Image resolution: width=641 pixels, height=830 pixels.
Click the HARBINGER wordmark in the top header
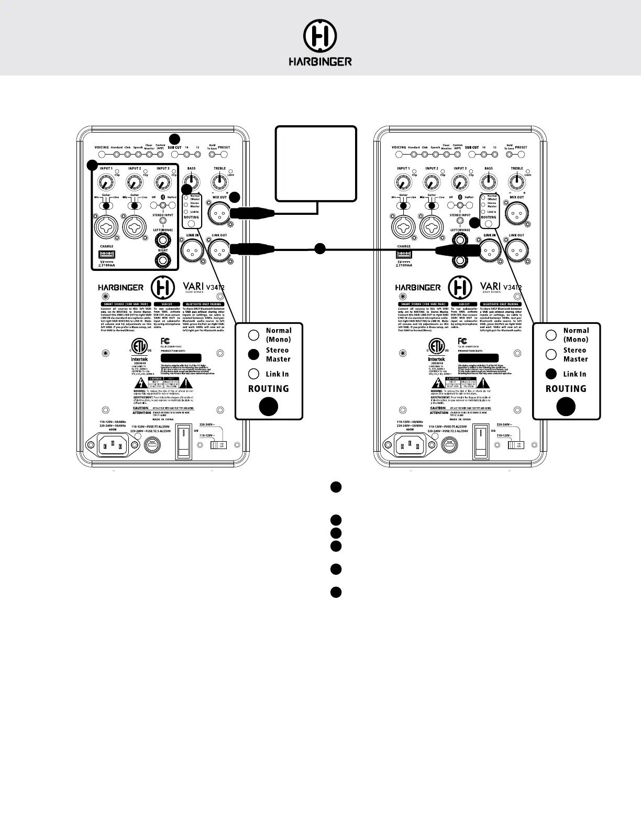click(x=320, y=62)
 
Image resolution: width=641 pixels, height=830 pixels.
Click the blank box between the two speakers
click(x=316, y=163)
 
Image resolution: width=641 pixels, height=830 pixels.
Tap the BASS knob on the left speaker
click(x=192, y=183)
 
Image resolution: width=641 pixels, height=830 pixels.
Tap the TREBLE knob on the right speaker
click(x=517, y=183)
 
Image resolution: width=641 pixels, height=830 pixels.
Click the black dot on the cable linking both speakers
click(x=320, y=249)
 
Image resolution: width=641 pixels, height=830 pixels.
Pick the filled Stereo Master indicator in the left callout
click(x=254, y=354)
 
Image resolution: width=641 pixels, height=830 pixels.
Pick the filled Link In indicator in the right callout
click(x=551, y=374)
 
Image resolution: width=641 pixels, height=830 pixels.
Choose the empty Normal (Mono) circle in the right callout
click(x=551, y=335)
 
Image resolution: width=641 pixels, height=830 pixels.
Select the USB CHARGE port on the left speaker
click(x=106, y=254)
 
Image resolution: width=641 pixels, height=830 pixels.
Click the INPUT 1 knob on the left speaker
click(x=106, y=183)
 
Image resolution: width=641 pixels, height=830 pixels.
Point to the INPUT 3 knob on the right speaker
click(x=460, y=183)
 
